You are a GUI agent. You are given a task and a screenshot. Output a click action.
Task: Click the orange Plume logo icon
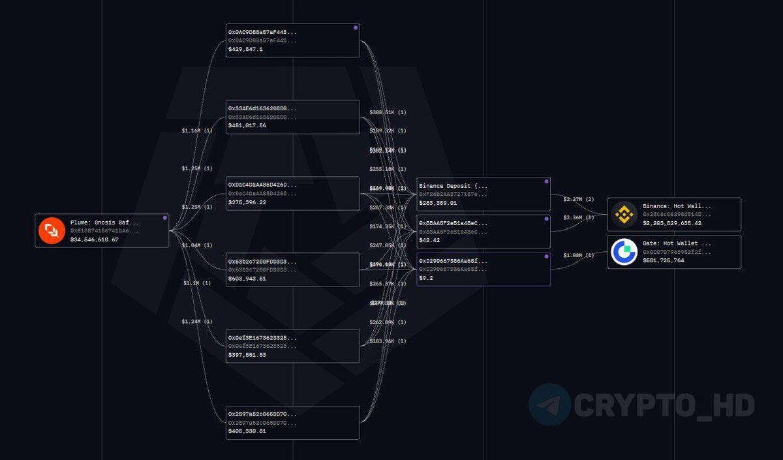point(52,230)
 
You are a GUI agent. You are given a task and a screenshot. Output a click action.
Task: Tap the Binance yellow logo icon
point(624,214)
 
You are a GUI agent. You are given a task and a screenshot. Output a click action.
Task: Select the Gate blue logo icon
point(624,252)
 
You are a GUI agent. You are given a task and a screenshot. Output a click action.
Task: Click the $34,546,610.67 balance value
point(95,239)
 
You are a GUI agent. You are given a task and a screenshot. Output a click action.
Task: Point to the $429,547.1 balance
point(245,49)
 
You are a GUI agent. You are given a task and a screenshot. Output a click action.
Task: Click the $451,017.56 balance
point(247,125)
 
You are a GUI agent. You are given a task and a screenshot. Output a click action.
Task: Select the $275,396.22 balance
point(247,202)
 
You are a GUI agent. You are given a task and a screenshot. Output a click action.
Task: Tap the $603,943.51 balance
point(247,279)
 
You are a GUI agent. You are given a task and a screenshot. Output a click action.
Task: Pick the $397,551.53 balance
point(247,355)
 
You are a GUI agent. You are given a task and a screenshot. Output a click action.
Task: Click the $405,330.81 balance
point(247,431)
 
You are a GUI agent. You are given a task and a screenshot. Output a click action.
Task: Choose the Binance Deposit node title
point(453,186)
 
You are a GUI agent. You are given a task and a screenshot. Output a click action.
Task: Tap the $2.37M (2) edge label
point(579,199)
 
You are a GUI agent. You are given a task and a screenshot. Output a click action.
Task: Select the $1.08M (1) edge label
point(579,255)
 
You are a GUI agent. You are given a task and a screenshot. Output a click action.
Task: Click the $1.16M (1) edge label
point(197,130)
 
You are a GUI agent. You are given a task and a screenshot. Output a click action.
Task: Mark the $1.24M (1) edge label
point(197,322)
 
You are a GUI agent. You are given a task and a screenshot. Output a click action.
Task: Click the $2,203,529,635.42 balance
point(672,223)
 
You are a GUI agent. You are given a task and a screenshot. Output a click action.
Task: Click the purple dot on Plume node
point(164,218)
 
